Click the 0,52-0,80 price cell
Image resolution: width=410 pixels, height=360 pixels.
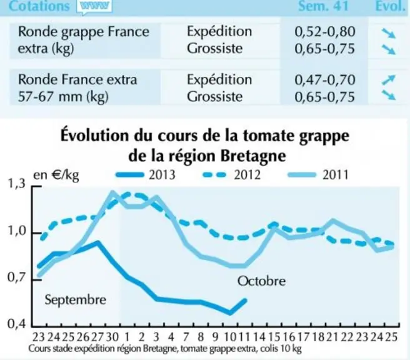point(325,32)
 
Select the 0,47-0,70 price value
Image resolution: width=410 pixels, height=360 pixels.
point(325,80)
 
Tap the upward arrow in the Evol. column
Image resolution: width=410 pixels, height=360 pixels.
point(388,80)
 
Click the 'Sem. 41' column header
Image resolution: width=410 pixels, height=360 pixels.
point(324,6)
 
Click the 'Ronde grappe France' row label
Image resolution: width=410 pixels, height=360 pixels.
point(84,32)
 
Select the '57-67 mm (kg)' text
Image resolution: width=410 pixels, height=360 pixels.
point(63,97)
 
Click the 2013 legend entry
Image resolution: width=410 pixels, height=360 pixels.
point(146,174)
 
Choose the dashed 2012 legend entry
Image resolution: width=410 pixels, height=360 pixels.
point(232,174)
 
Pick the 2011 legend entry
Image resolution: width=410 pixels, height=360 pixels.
point(318,174)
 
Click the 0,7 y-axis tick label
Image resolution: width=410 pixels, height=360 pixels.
point(16,277)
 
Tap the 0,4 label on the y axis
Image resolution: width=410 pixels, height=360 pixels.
point(16,324)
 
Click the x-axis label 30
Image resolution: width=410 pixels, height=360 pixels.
point(112,337)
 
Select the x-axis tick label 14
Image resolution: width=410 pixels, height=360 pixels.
point(259,337)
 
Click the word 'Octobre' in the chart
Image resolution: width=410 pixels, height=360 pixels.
point(261,281)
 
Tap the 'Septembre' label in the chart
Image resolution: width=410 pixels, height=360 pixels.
point(75,299)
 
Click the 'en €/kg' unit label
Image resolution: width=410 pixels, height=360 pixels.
point(56,175)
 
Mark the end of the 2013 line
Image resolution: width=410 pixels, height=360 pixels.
point(246,300)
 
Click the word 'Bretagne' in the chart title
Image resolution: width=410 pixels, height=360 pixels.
point(253,156)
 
